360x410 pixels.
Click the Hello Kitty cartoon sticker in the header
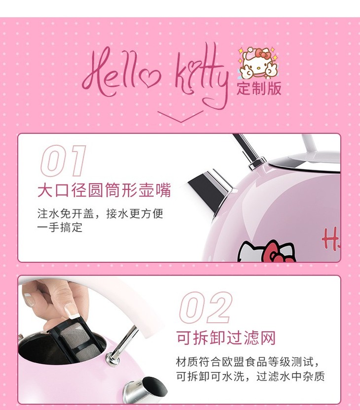tap(258, 63)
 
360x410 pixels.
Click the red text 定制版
tap(259, 88)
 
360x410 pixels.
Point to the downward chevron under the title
tap(180, 116)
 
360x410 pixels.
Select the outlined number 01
tap(63, 161)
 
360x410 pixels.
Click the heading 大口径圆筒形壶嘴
tap(104, 190)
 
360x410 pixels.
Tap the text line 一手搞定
tap(60, 227)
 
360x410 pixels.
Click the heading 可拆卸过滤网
tap(226, 338)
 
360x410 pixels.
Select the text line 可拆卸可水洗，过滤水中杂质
tap(251, 376)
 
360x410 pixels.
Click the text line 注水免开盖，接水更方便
tap(100, 214)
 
